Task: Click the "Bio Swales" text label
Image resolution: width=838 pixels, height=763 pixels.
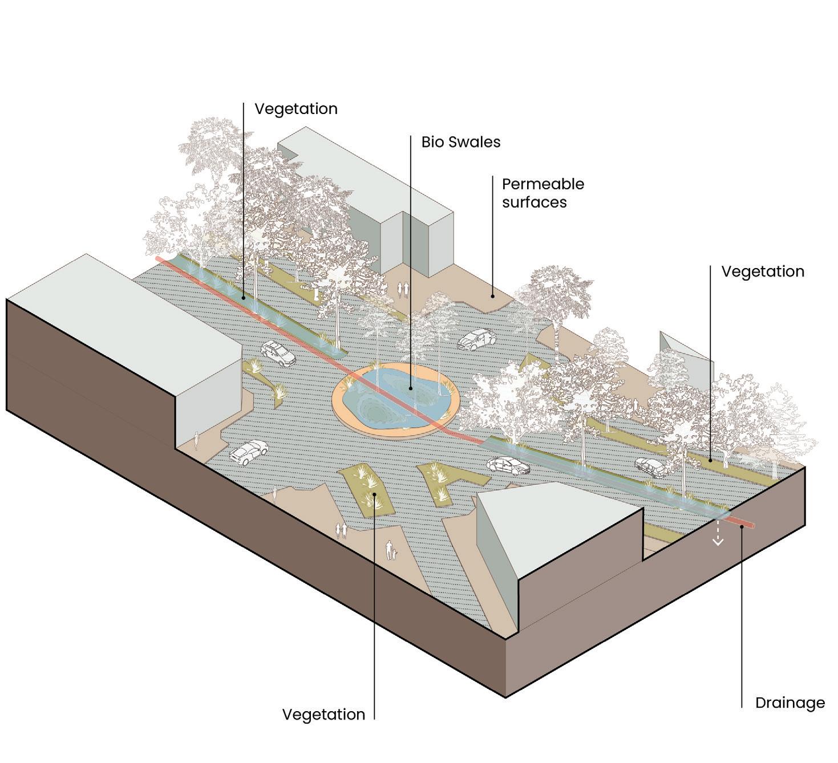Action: coord(460,142)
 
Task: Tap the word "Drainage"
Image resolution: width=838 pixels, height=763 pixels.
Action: coord(790,703)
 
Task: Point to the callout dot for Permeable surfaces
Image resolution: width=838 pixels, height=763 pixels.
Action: coord(493,297)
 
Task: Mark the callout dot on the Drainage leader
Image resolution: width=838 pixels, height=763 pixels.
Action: coord(742,526)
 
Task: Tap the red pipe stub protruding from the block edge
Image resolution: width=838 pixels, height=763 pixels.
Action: coord(744,522)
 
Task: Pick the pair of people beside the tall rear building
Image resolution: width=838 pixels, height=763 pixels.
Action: coord(403,290)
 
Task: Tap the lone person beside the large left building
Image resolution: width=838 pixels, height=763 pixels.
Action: coord(197,440)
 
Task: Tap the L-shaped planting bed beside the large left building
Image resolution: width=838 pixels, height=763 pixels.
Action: coord(268,379)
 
